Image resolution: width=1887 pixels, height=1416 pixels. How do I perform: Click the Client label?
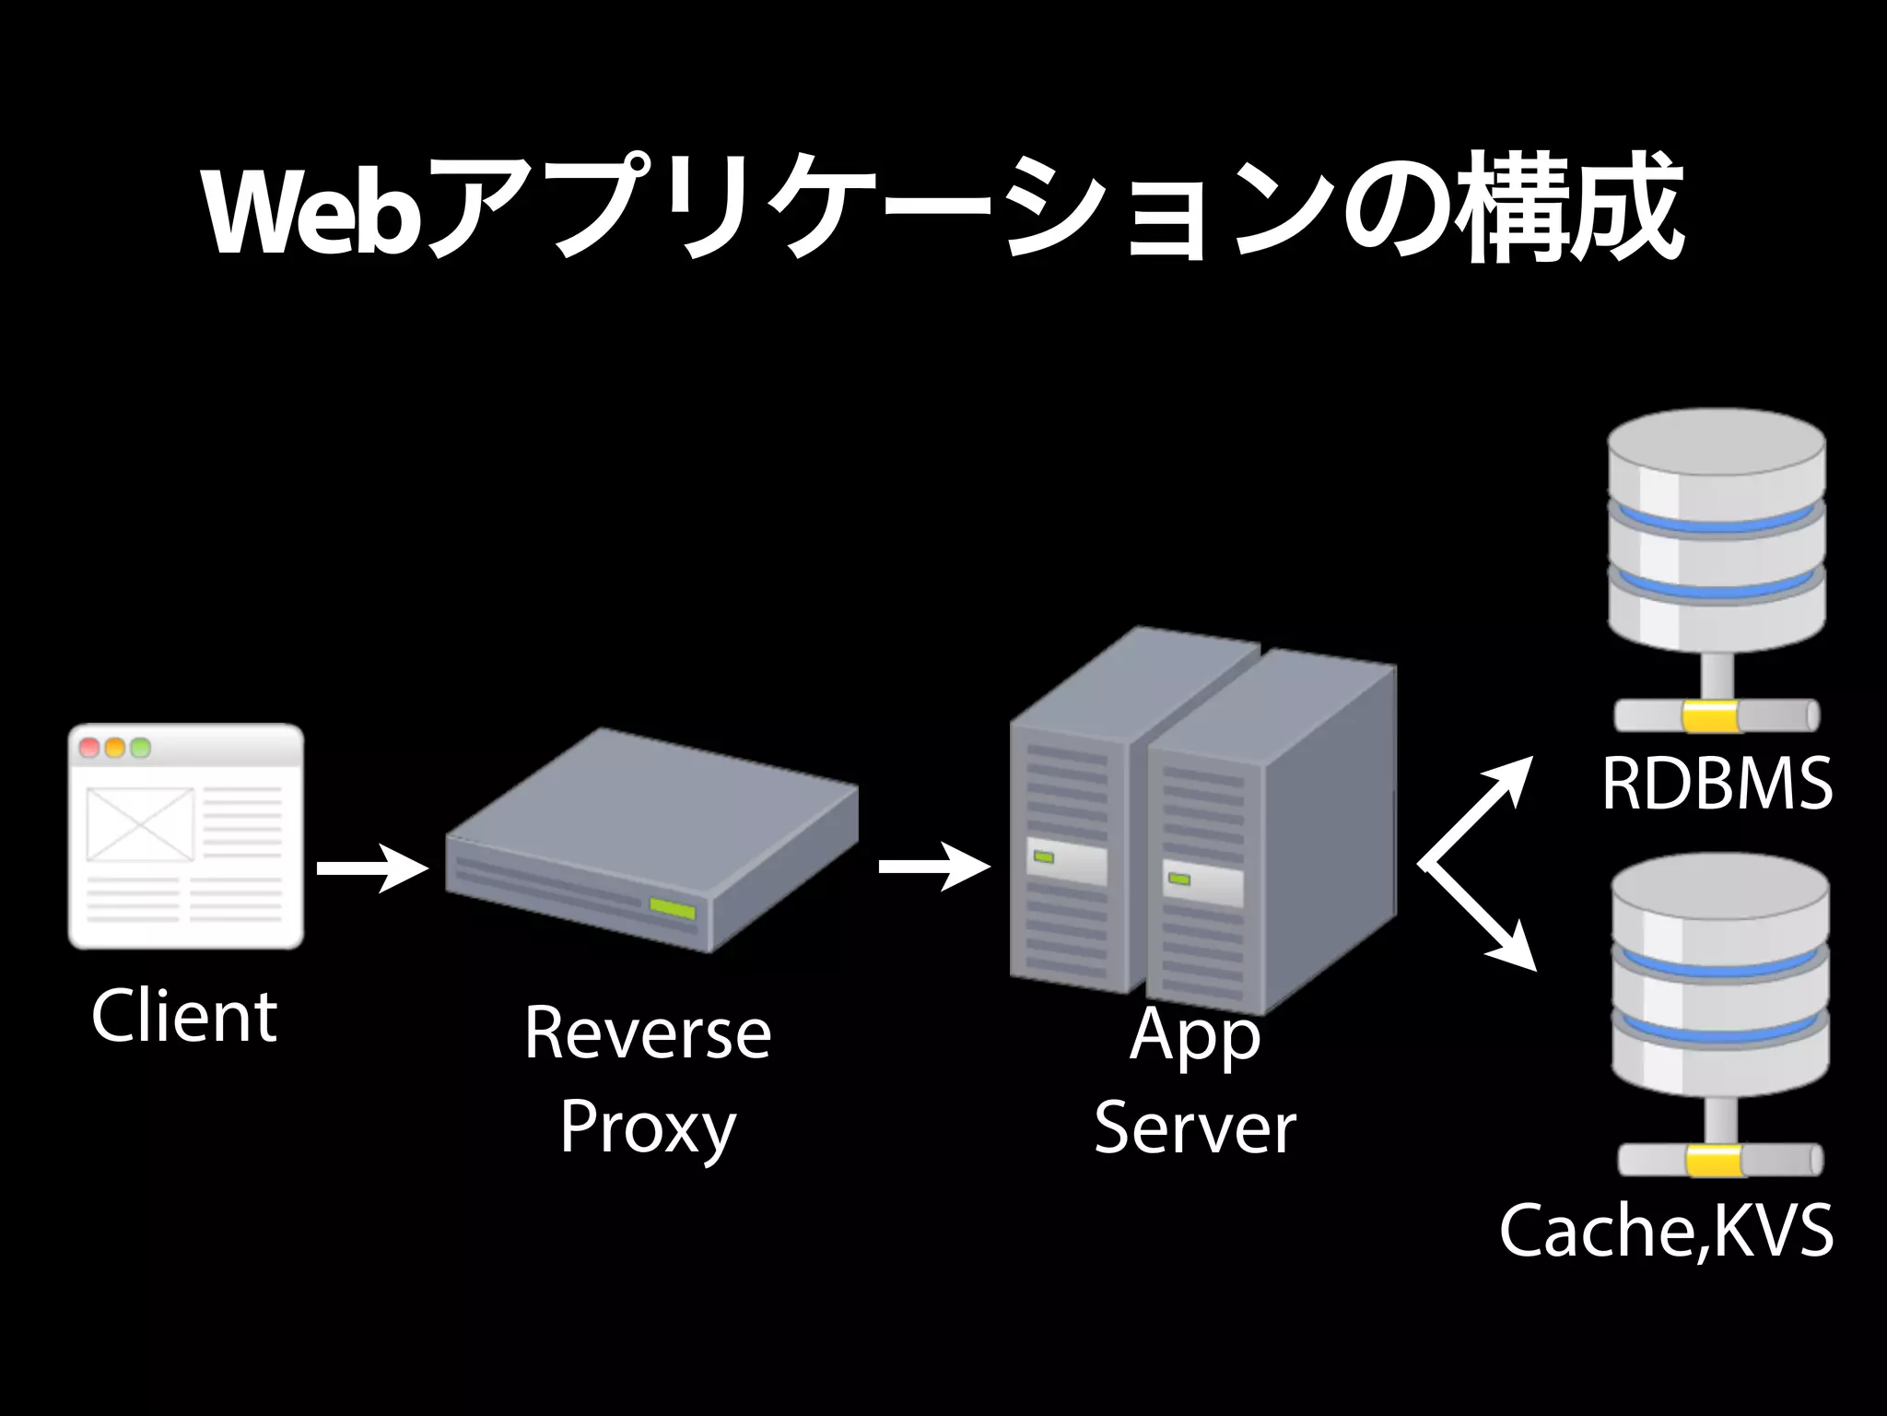[x=184, y=1016]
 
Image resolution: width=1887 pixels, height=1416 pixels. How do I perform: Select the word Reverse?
[x=647, y=1034]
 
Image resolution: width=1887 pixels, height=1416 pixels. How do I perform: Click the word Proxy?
[x=647, y=1128]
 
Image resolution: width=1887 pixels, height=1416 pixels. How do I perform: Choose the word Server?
[x=1194, y=1128]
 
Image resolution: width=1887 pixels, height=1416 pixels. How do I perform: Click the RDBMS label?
[x=1717, y=785]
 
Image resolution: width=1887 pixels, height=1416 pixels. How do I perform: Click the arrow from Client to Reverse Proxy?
[x=372, y=868]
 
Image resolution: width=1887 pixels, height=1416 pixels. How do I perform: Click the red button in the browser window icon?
[x=90, y=748]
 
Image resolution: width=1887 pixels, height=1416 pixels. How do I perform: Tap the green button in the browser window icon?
[x=140, y=748]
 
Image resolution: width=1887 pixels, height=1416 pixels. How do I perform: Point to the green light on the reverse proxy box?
[x=673, y=908]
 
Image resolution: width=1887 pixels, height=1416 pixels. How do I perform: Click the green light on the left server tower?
[x=1044, y=857]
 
